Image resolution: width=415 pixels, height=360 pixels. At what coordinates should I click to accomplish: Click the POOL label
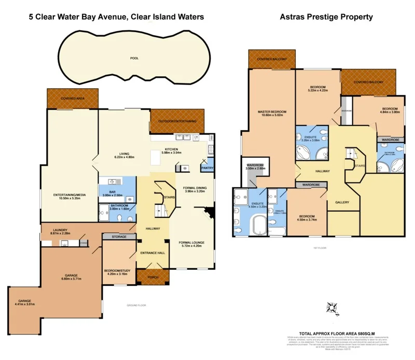[134, 59]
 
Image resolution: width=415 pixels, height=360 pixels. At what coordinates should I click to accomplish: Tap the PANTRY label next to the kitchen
[208, 168]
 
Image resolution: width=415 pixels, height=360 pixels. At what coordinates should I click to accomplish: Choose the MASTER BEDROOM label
[272, 112]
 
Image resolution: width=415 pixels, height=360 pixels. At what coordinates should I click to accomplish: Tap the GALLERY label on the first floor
[341, 202]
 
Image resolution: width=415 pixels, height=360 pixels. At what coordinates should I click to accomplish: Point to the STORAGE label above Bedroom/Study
[119, 237]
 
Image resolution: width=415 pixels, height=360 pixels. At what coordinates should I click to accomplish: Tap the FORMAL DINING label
[195, 187]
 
